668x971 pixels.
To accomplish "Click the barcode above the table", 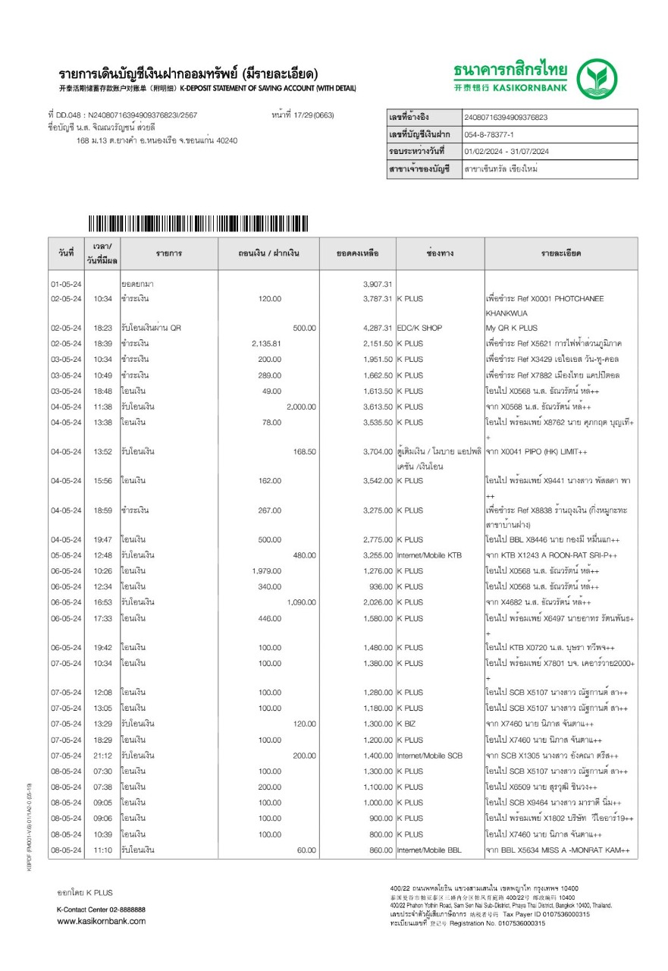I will [198, 224].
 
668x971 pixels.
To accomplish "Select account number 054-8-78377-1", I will [495, 134].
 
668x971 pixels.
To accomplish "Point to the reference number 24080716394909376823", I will [506, 118].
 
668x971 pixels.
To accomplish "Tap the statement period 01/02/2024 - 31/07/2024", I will [506, 152].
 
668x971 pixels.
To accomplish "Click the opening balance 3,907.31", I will [378, 283].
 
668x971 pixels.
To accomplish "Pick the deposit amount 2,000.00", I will [301, 407].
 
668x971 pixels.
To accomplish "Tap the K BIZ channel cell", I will [406, 724].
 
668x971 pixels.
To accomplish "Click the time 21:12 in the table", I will [102, 756].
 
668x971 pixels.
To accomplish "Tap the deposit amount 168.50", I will [305, 452].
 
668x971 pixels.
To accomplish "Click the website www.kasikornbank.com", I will [102, 921].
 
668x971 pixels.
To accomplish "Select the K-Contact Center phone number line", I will [102, 909].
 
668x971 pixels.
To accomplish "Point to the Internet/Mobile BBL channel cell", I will [429, 850].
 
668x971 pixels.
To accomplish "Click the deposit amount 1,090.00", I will [301, 602].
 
